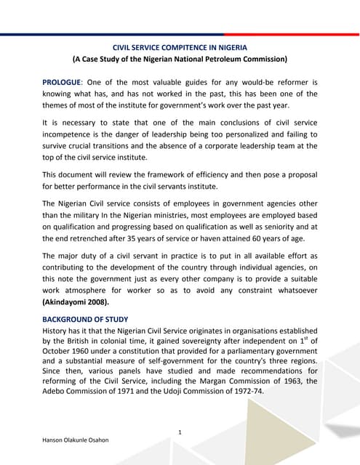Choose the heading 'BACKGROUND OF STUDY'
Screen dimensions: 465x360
point(85,320)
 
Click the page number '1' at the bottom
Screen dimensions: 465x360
point(180,434)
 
